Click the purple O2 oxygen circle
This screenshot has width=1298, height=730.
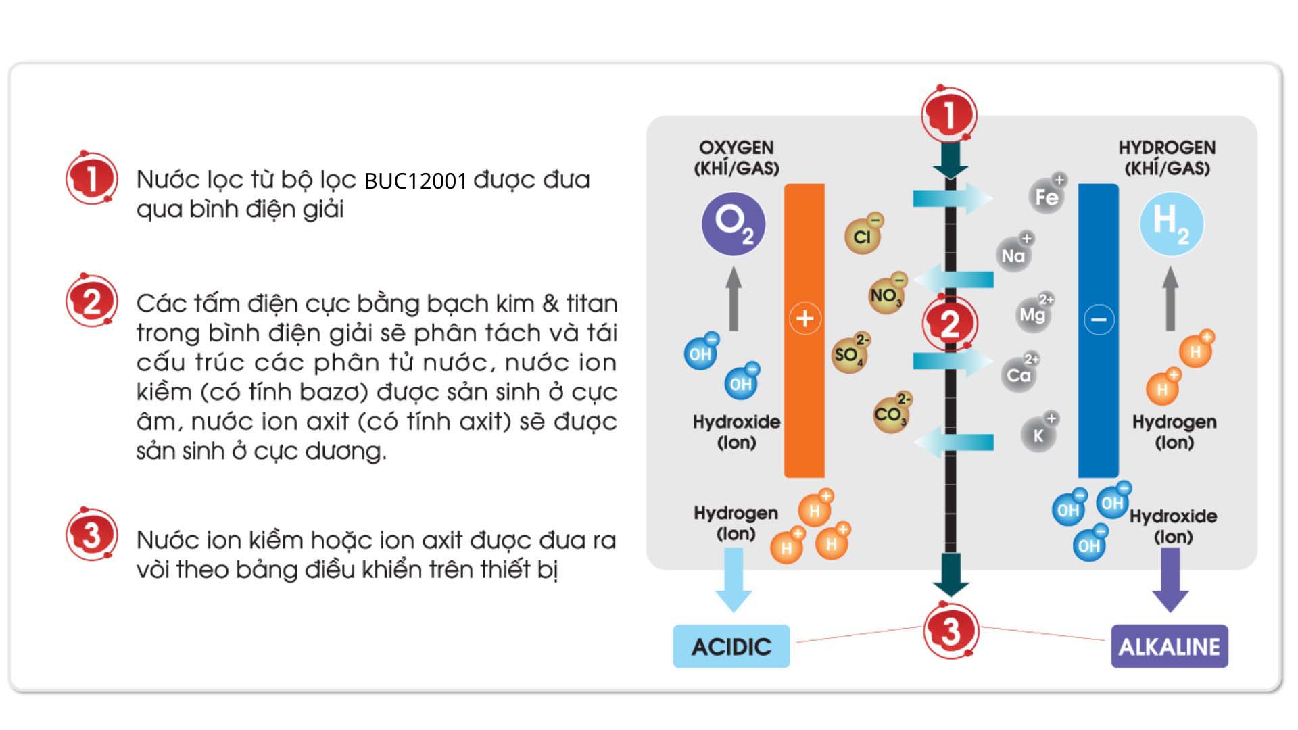click(733, 224)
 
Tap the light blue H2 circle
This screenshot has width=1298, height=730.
click(1171, 224)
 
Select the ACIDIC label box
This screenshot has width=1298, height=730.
click(731, 647)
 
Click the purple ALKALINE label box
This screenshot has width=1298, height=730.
click(1169, 647)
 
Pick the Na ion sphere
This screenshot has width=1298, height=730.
click(1013, 255)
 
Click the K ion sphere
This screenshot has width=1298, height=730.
click(1038, 435)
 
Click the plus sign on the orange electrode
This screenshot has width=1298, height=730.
click(804, 318)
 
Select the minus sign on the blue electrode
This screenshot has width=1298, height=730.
click(1099, 320)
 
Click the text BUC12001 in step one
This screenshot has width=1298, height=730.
click(415, 180)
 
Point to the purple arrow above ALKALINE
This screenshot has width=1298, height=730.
click(1170, 579)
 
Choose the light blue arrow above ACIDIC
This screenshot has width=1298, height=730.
click(734, 579)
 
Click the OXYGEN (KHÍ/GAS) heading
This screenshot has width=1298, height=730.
click(736, 157)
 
